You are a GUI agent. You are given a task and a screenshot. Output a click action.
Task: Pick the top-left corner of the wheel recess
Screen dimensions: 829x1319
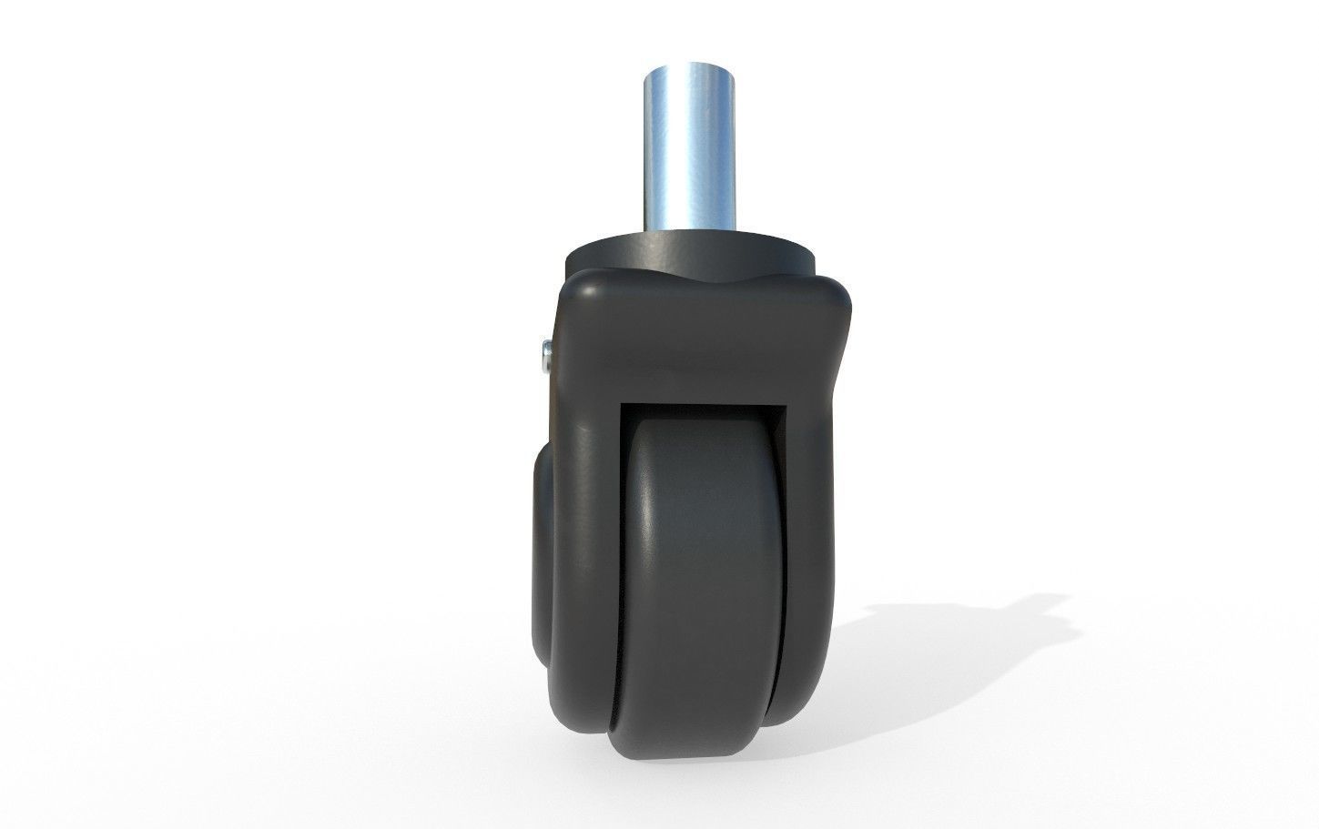tap(624, 402)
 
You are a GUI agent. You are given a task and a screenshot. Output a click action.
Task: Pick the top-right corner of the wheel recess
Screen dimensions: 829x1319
tap(787, 402)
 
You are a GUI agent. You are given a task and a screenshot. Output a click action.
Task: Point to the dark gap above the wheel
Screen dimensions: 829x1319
tap(705, 411)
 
